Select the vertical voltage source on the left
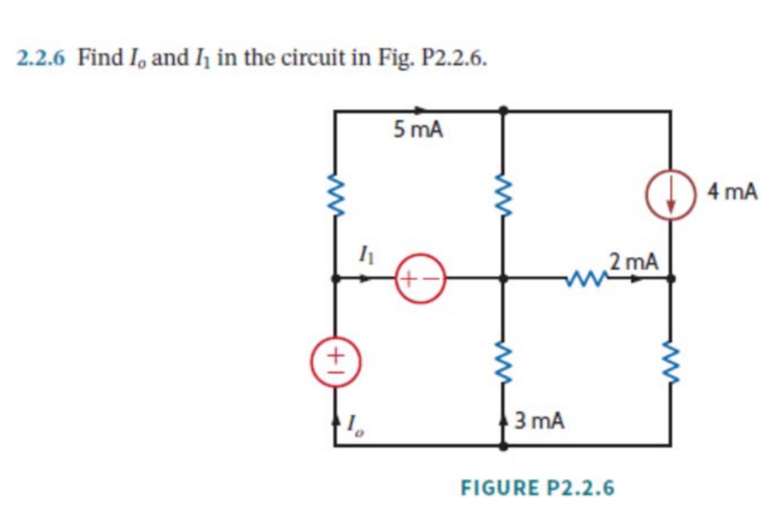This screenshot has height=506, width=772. pyautogui.click(x=335, y=359)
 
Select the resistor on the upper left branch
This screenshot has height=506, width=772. pyautogui.click(x=335, y=196)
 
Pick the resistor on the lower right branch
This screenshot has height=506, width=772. pyautogui.click(x=670, y=360)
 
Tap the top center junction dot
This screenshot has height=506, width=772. pyautogui.click(x=503, y=110)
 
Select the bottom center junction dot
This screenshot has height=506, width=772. pyautogui.click(x=503, y=445)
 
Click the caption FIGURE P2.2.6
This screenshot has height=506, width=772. pyautogui.click(x=537, y=487)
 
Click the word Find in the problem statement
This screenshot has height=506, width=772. pyautogui.click(x=96, y=59)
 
